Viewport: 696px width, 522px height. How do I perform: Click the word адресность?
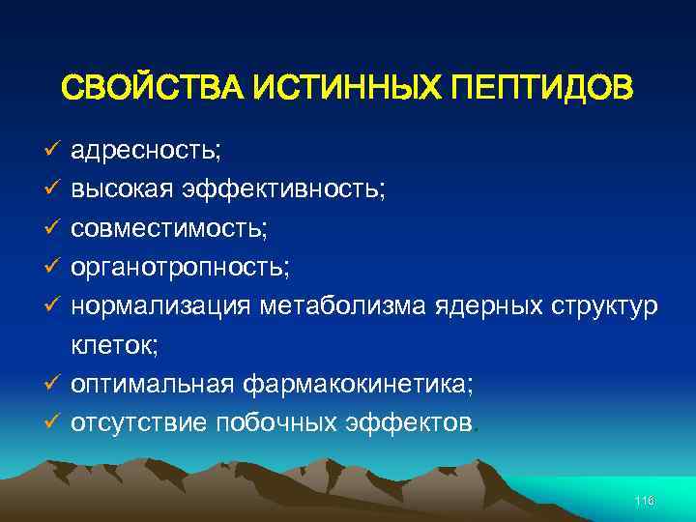(x=146, y=151)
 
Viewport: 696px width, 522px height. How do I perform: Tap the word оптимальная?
(x=152, y=385)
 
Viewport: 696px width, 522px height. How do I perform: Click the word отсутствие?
(x=139, y=423)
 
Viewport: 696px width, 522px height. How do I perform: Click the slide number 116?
(x=645, y=500)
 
